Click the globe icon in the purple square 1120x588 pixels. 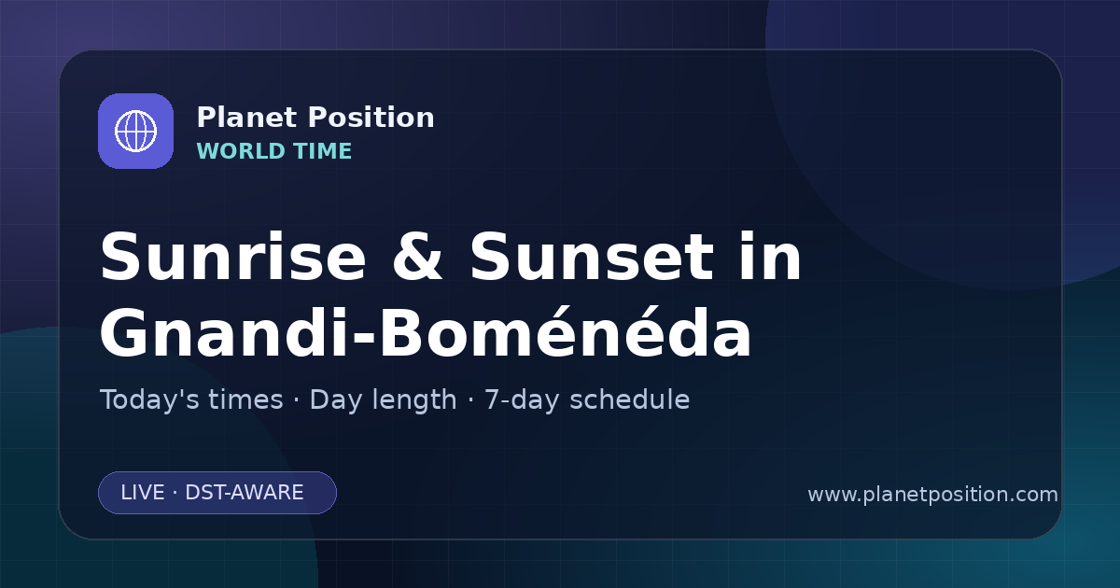(135, 131)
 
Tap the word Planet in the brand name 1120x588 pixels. (247, 118)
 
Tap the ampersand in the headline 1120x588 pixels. (417, 257)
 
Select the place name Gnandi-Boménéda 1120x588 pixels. (426, 331)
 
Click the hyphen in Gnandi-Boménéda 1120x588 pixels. (364, 337)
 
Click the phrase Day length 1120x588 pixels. (383, 400)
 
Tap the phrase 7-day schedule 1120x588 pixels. (587, 400)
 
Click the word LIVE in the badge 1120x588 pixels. (143, 493)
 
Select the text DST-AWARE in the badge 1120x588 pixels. (244, 493)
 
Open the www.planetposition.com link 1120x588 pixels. (933, 495)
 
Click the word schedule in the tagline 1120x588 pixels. (630, 399)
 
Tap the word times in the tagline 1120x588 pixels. (245, 399)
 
